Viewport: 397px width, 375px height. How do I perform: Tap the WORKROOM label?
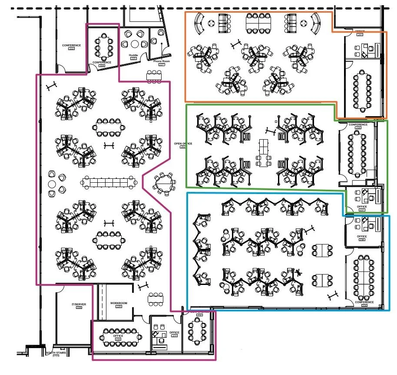point(119,303)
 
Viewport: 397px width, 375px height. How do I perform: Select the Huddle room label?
point(134,56)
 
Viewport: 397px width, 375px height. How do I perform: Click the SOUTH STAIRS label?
point(55,353)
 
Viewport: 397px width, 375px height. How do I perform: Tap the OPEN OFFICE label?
point(183,144)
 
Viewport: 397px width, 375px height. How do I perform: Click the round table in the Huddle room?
point(134,44)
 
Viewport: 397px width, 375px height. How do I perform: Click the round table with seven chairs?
point(164,184)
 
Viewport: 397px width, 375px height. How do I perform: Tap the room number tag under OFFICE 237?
point(362,210)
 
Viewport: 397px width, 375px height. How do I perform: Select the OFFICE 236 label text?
point(362,237)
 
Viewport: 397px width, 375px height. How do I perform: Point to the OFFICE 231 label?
point(174,333)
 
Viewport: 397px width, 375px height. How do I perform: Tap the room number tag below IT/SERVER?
point(79,308)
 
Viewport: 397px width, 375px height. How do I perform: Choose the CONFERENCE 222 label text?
point(71,45)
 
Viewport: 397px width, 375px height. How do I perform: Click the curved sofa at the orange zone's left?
point(200,24)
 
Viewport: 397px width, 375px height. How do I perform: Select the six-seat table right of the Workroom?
point(155,298)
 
